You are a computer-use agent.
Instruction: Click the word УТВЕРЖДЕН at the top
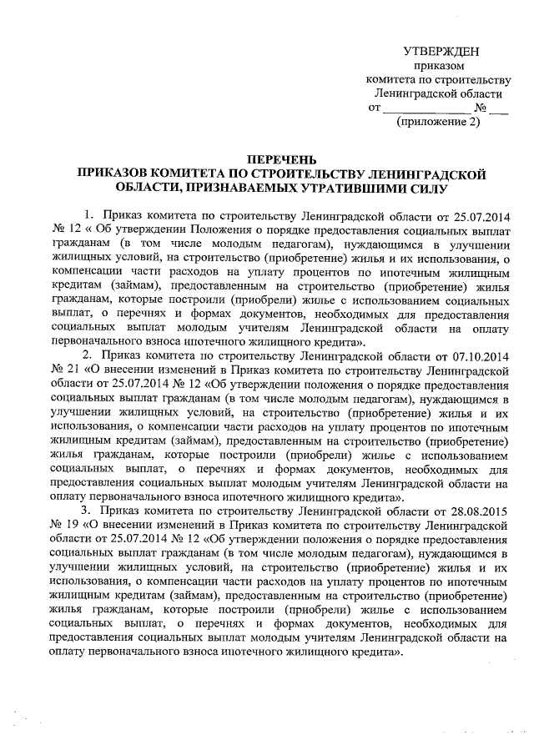click(x=440, y=53)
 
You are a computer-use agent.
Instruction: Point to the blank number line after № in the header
click(x=498, y=108)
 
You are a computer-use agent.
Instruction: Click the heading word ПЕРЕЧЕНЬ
click(x=282, y=160)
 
